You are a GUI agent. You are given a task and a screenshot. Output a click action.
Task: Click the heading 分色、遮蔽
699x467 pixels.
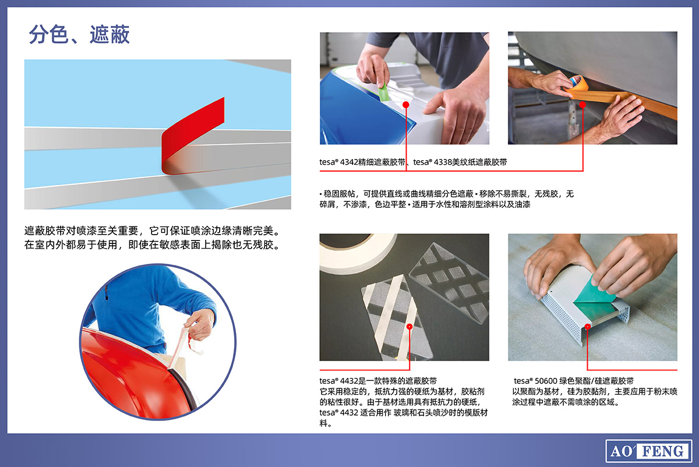pos(79,34)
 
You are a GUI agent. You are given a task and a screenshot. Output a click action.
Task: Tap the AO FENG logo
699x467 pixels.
pos(648,451)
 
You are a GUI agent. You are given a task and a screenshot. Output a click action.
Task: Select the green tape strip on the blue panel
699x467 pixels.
pos(383,93)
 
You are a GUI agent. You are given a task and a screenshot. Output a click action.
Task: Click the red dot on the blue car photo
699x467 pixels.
pos(405,105)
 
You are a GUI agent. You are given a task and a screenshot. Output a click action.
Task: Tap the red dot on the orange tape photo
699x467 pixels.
pos(582,105)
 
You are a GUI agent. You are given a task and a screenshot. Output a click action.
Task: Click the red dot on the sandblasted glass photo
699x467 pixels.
pos(409,327)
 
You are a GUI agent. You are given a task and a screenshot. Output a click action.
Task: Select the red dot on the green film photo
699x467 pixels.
pos(588,327)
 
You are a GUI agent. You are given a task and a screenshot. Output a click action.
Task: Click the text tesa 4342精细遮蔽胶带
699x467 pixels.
pos(362,162)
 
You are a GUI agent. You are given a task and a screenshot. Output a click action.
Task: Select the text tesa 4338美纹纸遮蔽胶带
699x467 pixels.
pos(460,162)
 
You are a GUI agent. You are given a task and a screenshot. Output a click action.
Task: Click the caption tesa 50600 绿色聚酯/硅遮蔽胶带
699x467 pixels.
pos(574,381)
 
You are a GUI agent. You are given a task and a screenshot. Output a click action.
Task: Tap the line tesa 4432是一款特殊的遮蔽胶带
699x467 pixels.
pos(378,381)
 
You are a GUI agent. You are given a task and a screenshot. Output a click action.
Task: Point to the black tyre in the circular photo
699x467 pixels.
pos(185,390)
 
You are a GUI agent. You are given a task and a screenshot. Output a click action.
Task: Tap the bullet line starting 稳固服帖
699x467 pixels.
pos(447,199)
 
